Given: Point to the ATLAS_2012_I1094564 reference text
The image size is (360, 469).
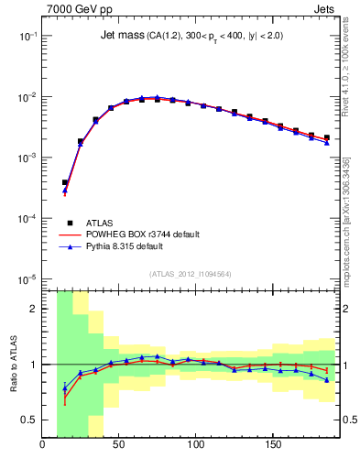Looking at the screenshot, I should point(191,273).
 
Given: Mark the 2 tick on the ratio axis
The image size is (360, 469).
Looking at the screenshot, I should point(35,309).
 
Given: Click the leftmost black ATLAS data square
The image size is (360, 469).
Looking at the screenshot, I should point(65,182).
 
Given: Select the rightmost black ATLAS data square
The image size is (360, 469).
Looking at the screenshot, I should point(326,137).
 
